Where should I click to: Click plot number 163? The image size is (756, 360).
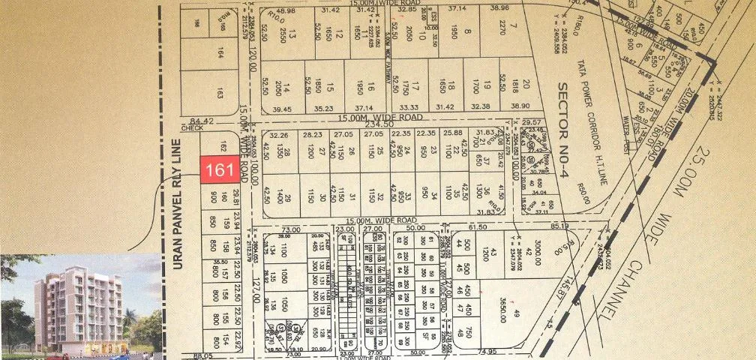click(220, 94)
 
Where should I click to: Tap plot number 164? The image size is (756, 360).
click(220, 55)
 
